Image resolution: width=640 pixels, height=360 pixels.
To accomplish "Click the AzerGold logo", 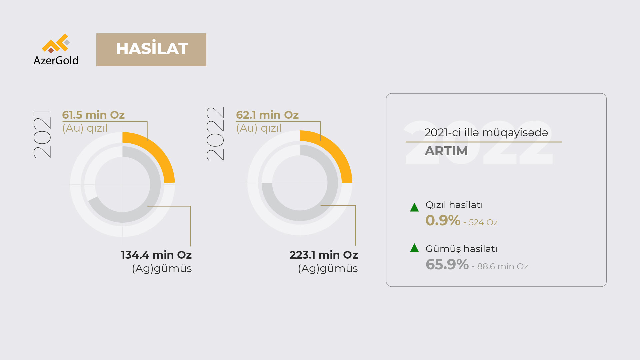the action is click(56, 49).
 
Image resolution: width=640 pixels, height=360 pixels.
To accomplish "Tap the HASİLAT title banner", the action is click(151, 50).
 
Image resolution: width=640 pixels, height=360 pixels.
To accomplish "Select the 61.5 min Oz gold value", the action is click(93, 115).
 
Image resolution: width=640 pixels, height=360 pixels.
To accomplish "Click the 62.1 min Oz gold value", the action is click(267, 115).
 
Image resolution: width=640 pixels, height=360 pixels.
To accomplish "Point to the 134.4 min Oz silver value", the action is click(156, 255).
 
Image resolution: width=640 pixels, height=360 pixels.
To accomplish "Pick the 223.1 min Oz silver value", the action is click(324, 255).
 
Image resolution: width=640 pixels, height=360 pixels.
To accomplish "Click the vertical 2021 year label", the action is click(42, 134).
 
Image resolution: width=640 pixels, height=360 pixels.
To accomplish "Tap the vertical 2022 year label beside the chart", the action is click(216, 134).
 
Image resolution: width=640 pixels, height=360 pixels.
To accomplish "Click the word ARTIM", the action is click(446, 151).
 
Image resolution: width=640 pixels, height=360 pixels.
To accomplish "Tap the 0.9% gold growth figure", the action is click(443, 220).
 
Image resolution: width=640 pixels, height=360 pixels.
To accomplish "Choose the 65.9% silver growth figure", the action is click(447, 264).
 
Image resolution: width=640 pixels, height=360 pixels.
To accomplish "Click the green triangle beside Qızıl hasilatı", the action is click(414, 207).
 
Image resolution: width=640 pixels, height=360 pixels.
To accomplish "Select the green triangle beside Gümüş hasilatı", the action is click(414, 248).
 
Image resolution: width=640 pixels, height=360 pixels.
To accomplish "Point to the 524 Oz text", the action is click(483, 222).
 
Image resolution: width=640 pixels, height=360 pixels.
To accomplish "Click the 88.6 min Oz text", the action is click(503, 266).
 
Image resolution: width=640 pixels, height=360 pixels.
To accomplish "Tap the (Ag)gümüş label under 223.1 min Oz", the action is click(328, 269).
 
